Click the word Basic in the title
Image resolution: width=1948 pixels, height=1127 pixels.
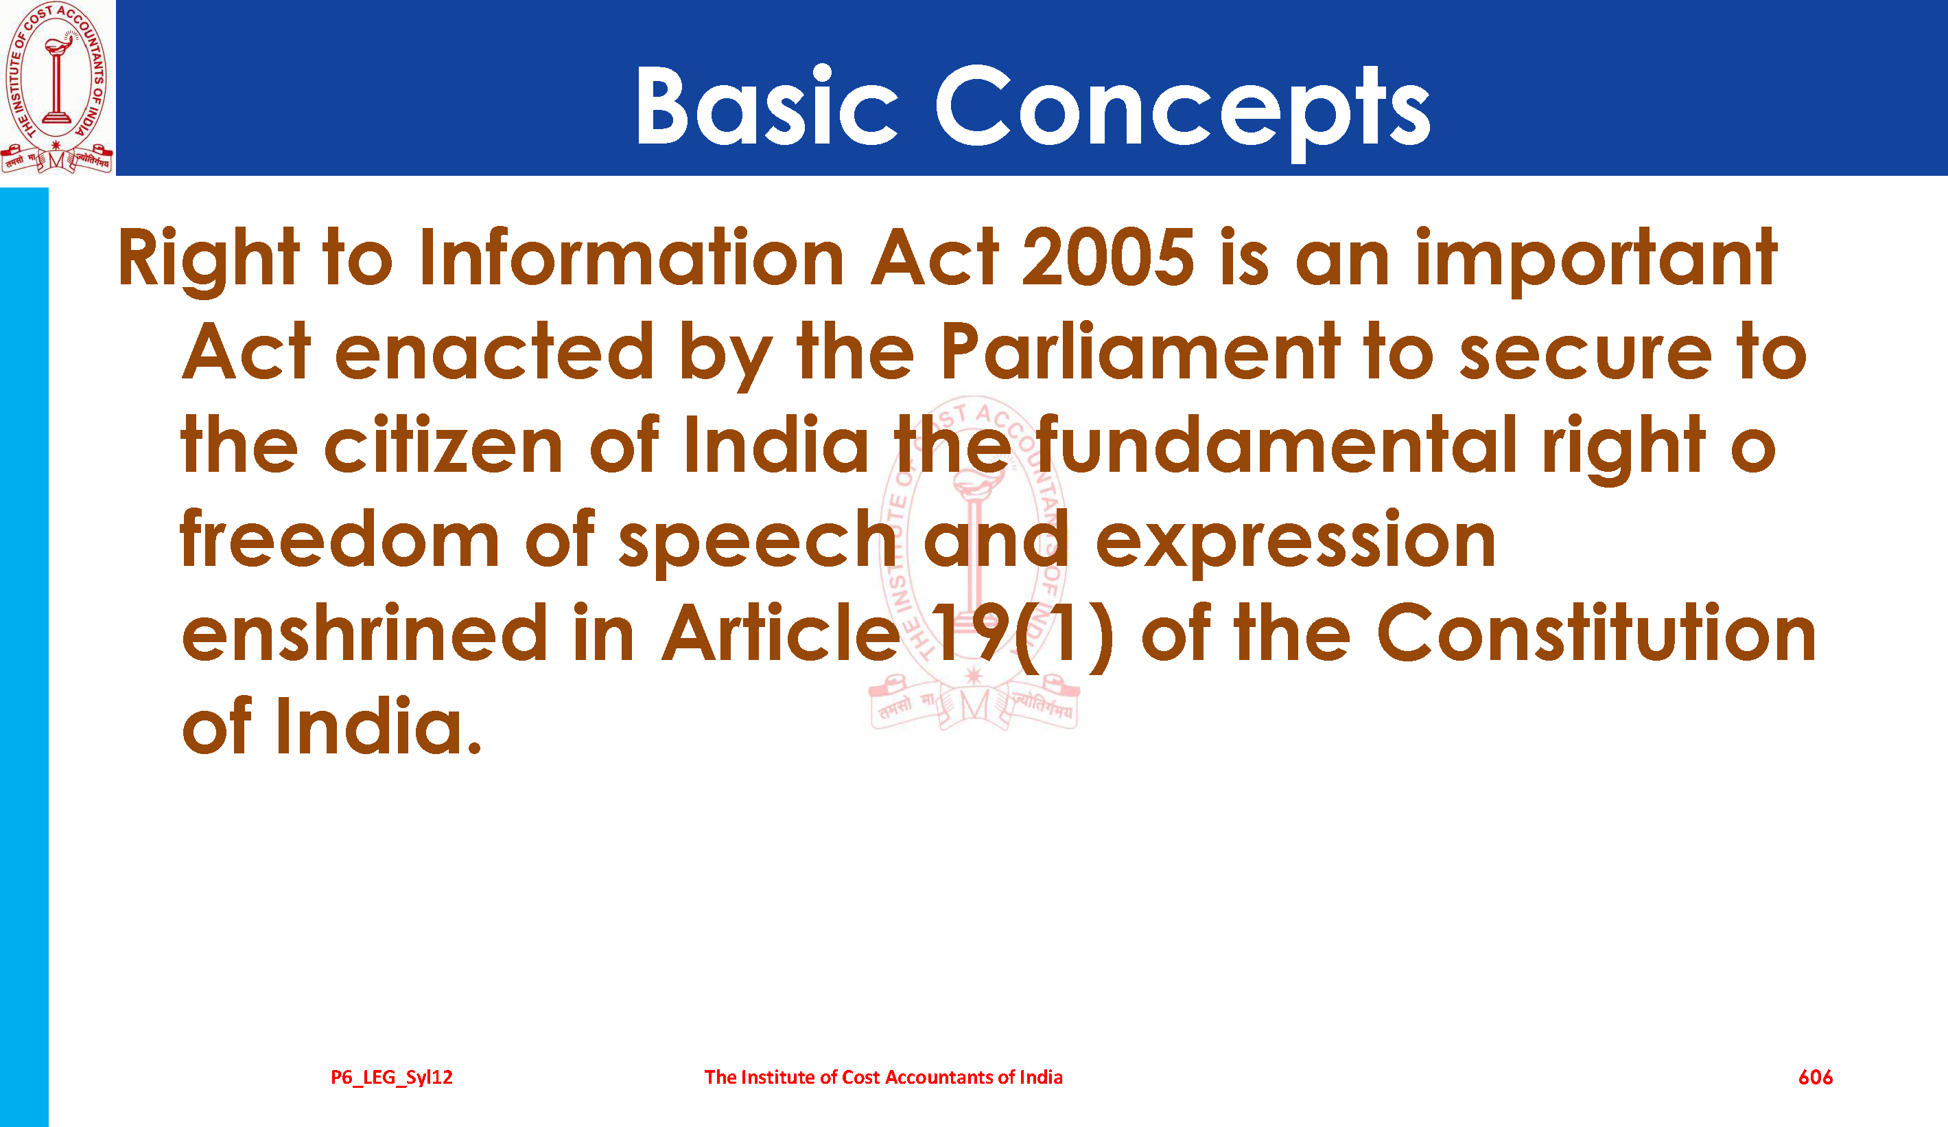[767, 105]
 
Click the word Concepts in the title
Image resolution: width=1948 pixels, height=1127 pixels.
[1183, 112]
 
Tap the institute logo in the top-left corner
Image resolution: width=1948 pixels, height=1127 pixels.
[56, 87]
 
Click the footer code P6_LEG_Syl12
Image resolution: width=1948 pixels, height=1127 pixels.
[391, 1078]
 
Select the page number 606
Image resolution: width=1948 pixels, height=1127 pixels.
[1815, 1077]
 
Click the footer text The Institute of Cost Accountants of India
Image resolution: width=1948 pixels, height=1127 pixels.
[883, 1077]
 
